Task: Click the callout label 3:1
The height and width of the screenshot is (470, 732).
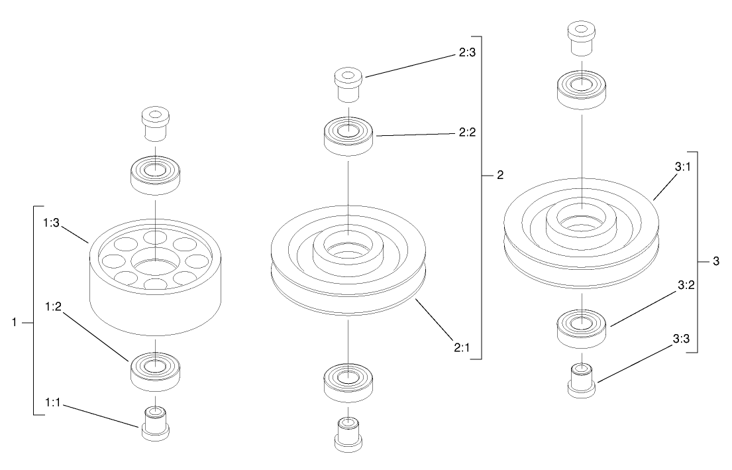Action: click(x=683, y=168)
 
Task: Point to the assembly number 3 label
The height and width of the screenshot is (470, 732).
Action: click(x=715, y=261)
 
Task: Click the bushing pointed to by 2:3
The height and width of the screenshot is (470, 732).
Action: click(x=348, y=84)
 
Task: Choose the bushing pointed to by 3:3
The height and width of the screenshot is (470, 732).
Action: click(x=581, y=380)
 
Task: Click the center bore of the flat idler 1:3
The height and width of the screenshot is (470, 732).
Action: click(x=154, y=263)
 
